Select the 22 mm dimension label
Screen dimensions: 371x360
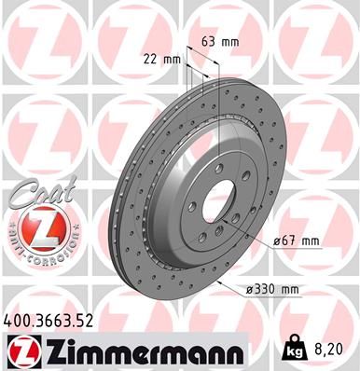pyautogui.click(x=164, y=60)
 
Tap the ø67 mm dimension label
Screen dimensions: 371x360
pyautogui.click(x=298, y=241)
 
